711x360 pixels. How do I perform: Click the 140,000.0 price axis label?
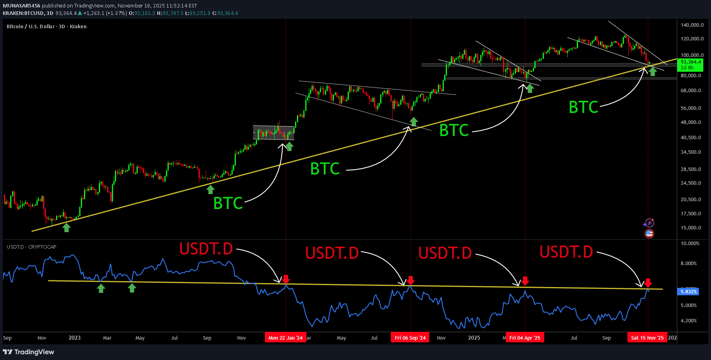tap(692, 25)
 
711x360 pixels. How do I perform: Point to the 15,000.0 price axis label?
tap(691, 228)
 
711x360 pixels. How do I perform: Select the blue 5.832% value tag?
tap(689, 292)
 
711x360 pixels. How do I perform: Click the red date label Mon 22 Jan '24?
tap(285, 338)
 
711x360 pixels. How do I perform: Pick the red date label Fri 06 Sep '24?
tap(410, 338)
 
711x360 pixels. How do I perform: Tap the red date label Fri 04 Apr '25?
tap(525, 338)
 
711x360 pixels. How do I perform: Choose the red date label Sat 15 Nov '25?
tap(647, 338)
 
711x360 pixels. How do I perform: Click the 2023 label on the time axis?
tap(75, 338)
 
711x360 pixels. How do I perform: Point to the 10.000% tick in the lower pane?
tap(690, 244)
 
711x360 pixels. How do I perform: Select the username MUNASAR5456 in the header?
tap(22, 5)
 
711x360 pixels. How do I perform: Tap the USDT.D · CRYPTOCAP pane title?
tap(31, 247)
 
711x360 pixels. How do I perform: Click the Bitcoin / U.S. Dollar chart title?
tap(46, 26)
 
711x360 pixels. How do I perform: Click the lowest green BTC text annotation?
tap(228, 203)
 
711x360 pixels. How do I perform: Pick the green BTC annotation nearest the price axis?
tap(583, 107)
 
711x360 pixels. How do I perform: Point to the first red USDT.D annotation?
tap(206, 249)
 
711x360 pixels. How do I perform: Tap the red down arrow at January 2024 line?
tap(286, 279)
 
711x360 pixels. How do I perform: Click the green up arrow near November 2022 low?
tap(67, 227)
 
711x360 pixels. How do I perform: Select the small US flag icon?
tap(649, 234)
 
